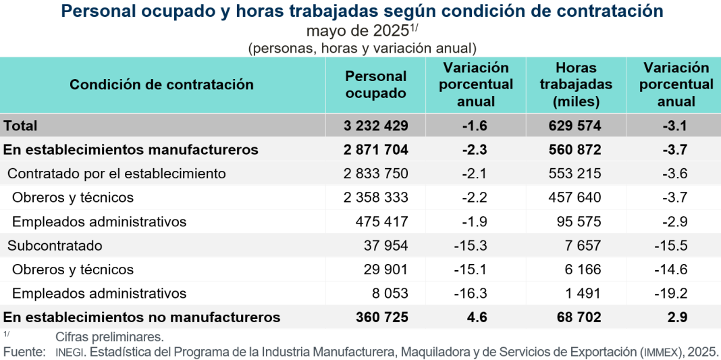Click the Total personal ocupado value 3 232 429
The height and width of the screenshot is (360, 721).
[x=375, y=126]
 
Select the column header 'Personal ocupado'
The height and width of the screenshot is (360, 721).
[x=375, y=84]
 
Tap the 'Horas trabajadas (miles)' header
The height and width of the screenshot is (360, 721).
[x=576, y=84]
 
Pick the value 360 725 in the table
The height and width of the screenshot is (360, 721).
[x=383, y=317]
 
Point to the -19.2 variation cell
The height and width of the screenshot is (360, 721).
[x=670, y=293]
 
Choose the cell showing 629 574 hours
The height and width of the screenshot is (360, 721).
[x=576, y=126]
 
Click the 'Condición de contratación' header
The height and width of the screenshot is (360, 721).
[x=162, y=84]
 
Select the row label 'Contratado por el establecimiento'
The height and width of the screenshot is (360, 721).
[x=117, y=174]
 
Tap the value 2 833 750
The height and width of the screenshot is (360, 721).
[x=375, y=174]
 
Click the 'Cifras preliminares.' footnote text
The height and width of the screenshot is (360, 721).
[x=110, y=336]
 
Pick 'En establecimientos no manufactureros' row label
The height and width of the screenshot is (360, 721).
[x=142, y=317]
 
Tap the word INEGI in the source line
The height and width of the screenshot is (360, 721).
[x=70, y=351]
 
